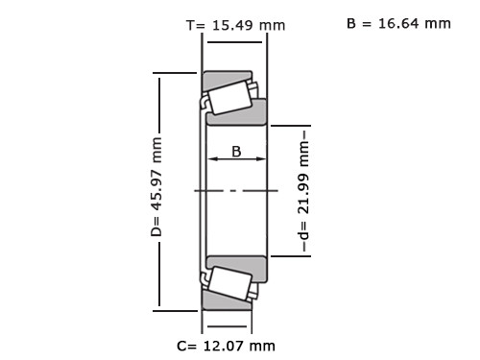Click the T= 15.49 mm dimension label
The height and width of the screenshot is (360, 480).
click(x=235, y=25)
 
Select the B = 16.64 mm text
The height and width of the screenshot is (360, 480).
click(x=398, y=23)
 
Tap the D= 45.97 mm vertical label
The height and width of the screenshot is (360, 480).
click(x=156, y=187)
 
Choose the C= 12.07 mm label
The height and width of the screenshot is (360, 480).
click(x=226, y=346)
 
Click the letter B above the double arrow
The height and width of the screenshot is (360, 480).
click(x=236, y=152)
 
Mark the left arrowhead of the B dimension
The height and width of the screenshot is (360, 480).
click(x=213, y=158)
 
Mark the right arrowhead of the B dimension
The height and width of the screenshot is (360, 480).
click(x=261, y=158)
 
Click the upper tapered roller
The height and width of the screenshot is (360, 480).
click(x=229, y=98)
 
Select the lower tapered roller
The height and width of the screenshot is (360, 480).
click(x=229, y=283)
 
